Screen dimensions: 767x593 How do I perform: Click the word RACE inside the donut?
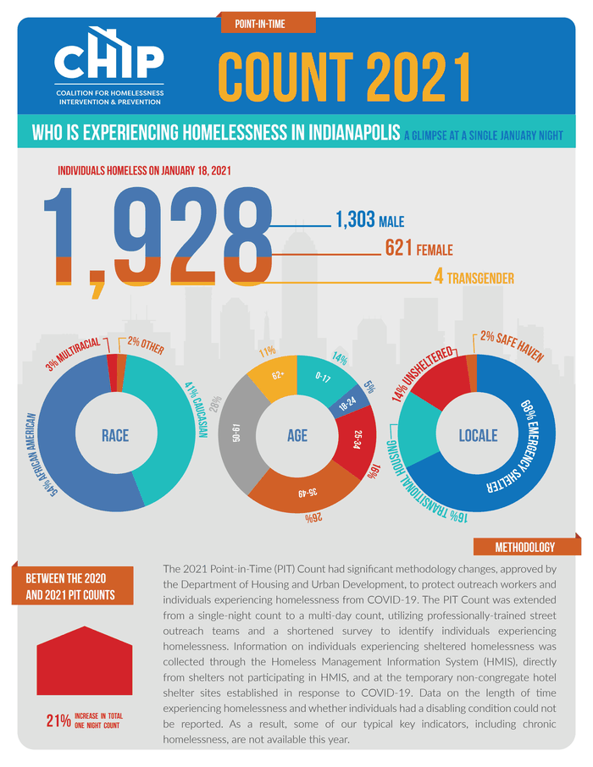pos(115,436)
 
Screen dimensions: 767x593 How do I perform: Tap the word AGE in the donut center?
pos(296,436)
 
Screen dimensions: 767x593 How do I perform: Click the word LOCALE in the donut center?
pos(478,436)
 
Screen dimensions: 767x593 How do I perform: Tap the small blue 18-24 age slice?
pos(346,406)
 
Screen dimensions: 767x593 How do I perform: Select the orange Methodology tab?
pos(525,547)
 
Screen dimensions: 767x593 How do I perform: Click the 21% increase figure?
pos(58,721)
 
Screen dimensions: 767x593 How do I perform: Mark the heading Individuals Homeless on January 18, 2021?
pos(144,170)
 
